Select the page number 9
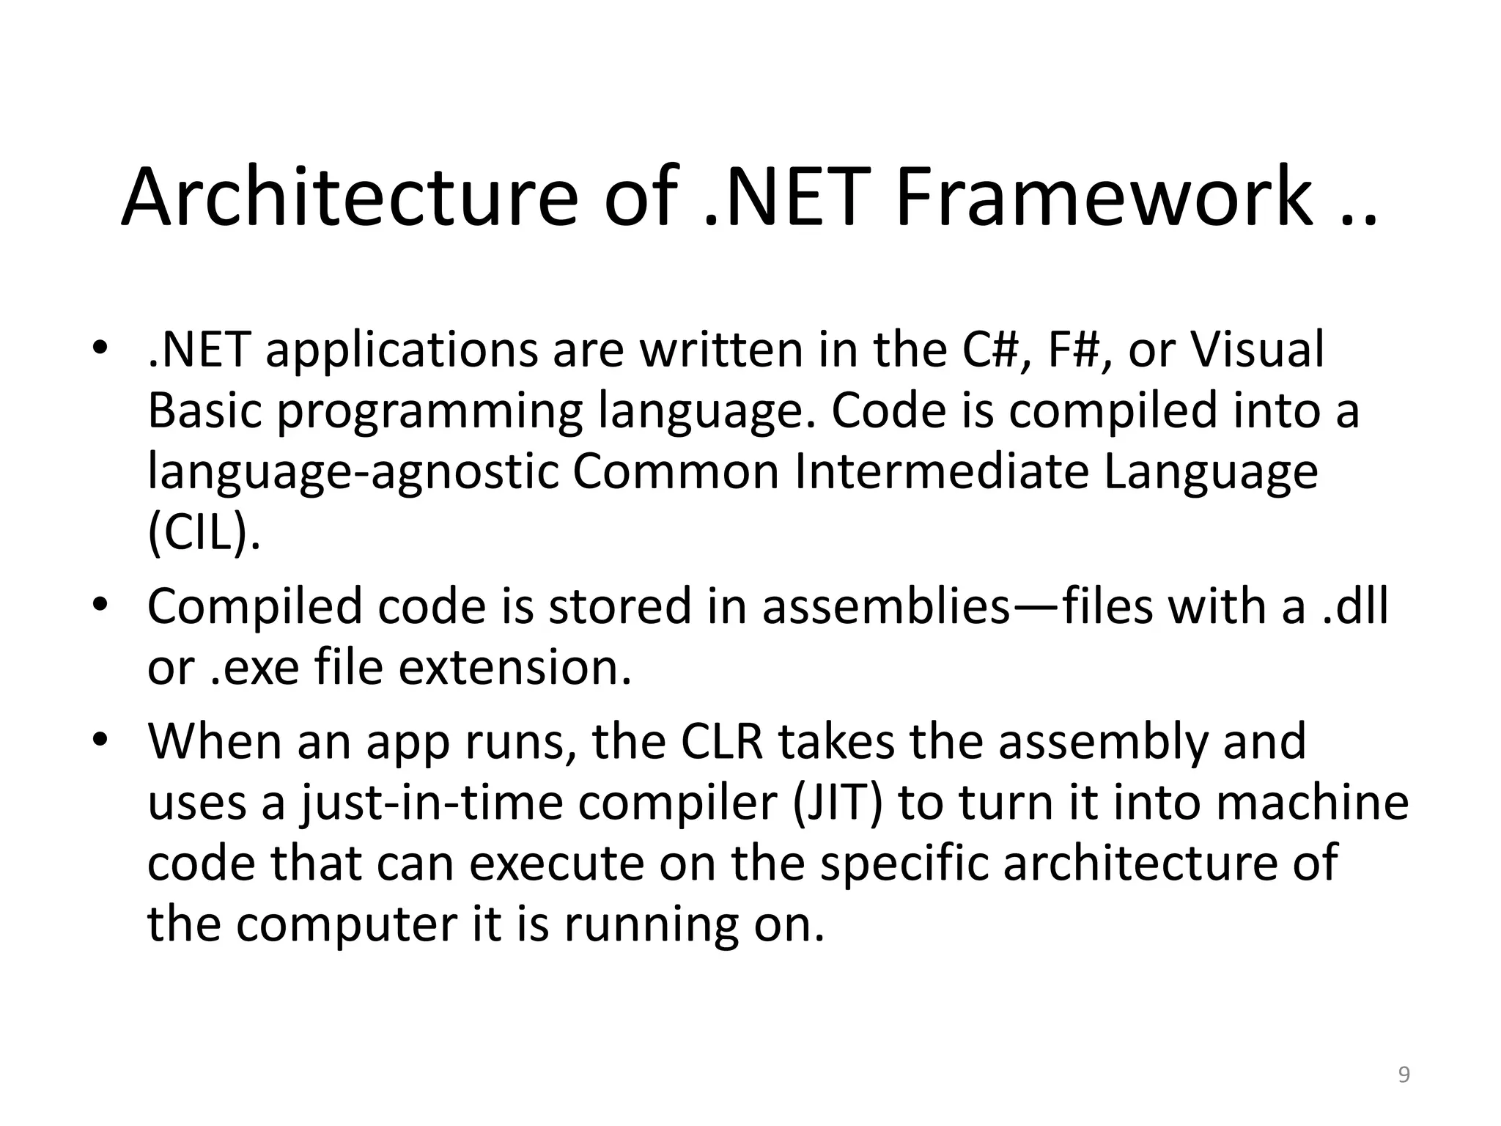(x=1404, y=1075)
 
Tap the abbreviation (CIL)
(x=204, y=534)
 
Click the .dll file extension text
(x=1355, y=606)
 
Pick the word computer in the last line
(x=346, y=924)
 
